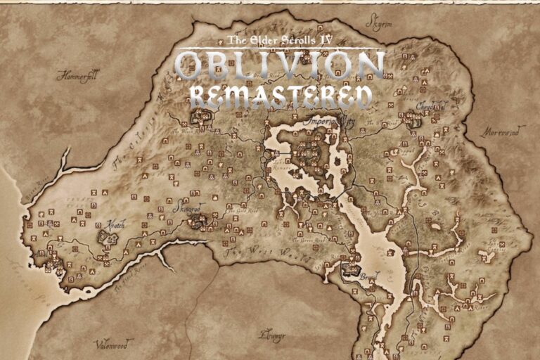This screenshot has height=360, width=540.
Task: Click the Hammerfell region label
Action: pos(79,75)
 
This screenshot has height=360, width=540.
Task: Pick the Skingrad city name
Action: pos(187,209)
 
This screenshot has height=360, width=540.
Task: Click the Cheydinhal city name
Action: pos(430,106)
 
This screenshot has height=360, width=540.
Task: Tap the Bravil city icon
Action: pos(349,267)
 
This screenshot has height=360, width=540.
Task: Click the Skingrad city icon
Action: pos(200,222)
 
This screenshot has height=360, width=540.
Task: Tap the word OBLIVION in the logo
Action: pos(280,66)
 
